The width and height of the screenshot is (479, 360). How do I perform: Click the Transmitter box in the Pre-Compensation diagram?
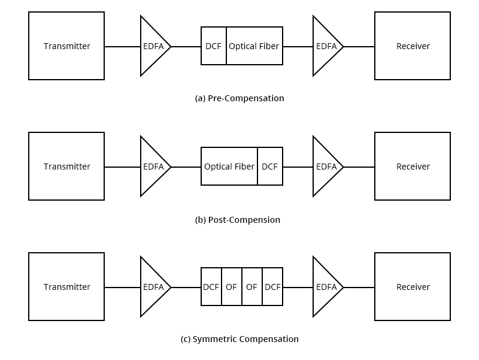(x=66, y=46)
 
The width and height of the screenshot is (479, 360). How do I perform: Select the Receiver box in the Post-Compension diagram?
(x=413, y=167)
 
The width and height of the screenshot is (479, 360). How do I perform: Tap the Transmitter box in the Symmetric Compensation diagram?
(x=66, y=287)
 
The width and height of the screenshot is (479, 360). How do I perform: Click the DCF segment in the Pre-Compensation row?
(x=214, y=46)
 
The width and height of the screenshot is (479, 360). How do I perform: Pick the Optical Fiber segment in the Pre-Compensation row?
(x=254, y=46)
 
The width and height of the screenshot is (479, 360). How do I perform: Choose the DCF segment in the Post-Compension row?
(x=270, y=167)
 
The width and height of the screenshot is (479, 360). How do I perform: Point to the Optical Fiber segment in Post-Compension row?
(x=229, y=167)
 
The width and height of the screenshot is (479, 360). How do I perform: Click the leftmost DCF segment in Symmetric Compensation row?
(x=211, y=287)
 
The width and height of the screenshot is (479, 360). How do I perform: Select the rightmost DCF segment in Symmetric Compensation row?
(x=272, y=287)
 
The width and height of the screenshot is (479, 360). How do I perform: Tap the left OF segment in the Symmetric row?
(x=232, y=287)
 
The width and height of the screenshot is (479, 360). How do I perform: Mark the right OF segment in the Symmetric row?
(x=252, y=287)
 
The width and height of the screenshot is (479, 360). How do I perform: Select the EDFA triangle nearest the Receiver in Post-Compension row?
(x=326, y=167)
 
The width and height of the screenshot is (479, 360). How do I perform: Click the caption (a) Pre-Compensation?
(x=239, y=98)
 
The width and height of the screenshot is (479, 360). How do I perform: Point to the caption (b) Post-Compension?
(x=238, y=220)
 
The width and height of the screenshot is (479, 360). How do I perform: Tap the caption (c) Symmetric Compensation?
(x=239, y=339)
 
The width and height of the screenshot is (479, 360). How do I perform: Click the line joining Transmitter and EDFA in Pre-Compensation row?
(x=123, y=47)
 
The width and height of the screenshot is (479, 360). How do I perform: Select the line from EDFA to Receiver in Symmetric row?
(x=359, y=288)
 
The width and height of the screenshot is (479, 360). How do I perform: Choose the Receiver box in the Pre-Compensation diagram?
(x=413, y=46)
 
